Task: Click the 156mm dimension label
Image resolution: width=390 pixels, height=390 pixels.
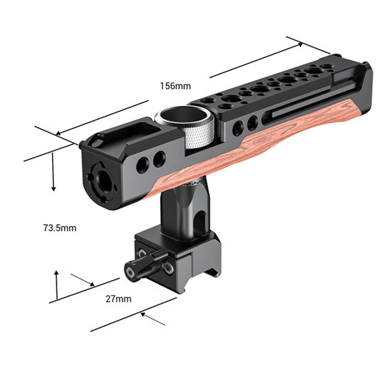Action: tap(175, 86)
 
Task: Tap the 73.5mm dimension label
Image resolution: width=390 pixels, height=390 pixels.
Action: tap(60, 228)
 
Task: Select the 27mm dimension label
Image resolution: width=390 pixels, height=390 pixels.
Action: tap(118, 299)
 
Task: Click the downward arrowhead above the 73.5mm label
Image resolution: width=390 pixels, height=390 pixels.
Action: tap(53, 188)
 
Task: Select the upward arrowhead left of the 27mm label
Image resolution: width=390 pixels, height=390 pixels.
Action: tap(57, 273)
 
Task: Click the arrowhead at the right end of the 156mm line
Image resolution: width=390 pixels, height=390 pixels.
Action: tap(300, 45)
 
